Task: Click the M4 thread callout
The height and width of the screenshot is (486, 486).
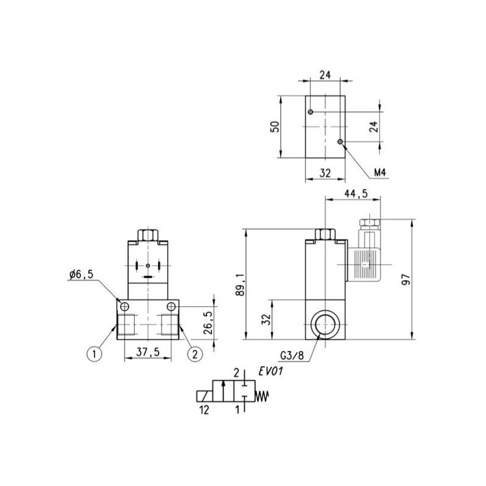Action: pos(380,173)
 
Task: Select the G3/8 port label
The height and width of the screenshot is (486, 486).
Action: pos(292,356)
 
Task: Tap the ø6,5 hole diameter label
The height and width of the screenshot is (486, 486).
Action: pos(81,275)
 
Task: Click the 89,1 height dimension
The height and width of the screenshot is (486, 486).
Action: pos(240,285)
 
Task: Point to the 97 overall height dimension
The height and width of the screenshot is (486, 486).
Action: pos(406,280)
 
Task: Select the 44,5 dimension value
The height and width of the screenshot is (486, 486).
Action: pos(356,194)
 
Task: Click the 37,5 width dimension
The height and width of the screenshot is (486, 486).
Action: pos(148,352)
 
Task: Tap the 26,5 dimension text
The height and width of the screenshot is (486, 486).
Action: pos(208,323)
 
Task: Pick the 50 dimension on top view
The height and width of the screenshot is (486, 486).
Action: pos(275,127)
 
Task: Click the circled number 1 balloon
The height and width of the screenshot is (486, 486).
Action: pos(95,354)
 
